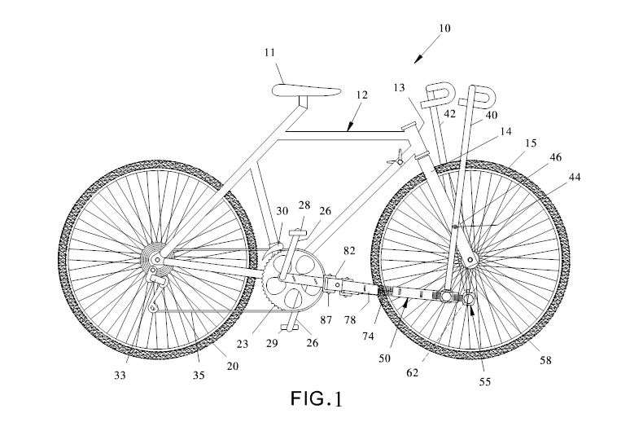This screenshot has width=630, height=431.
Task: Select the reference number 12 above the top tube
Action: coord(361,96)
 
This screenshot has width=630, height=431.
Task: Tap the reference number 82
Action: coord(348,253)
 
